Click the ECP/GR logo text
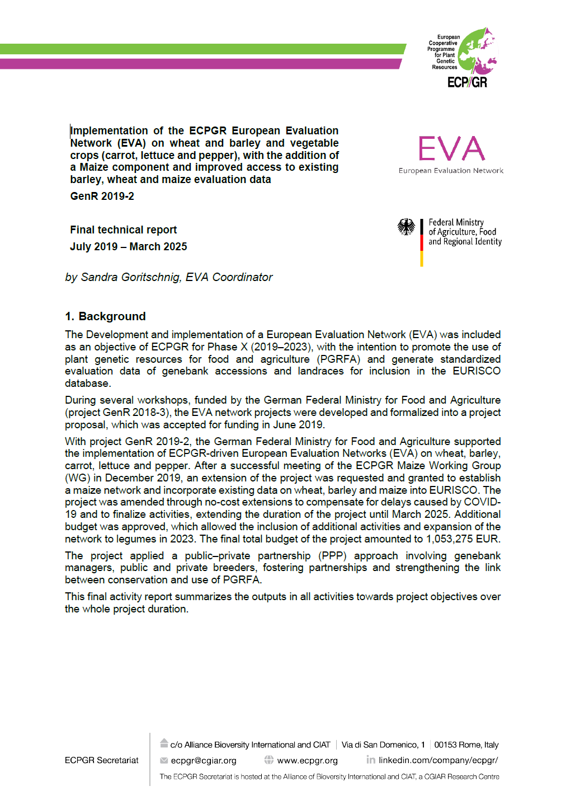click(467, 82)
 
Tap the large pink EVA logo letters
click(451, 148)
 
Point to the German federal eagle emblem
click(406, 227)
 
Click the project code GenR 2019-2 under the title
click(102, 197)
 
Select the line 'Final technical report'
click(123, 230)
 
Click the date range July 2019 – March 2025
click(128, 247)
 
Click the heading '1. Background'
click(105, 316)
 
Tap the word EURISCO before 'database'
click(477, 371)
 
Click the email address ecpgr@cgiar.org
click(204, 761)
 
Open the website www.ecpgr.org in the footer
click(307, 761)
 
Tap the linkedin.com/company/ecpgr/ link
click(438, 760)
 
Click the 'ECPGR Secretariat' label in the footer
click(101, 760)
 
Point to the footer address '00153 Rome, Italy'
click(466, 745)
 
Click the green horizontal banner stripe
click(201, 49)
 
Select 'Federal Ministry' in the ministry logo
click(456, 222)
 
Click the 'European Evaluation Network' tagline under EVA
click(451, 171)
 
